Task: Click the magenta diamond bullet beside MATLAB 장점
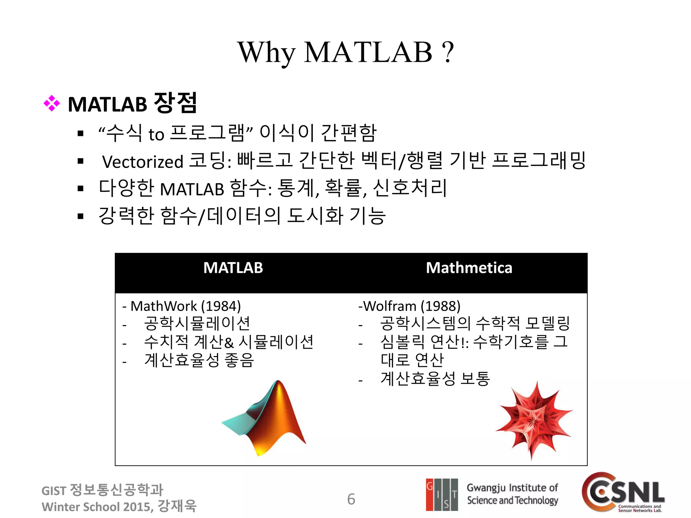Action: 52,104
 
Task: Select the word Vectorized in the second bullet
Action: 142,162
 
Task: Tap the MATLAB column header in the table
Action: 233,268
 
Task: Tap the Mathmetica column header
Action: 469,268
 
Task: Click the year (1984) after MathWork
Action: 221,306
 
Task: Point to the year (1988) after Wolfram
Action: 440,306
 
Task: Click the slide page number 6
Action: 351,499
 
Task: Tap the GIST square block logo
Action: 442,494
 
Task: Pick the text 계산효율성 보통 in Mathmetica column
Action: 435,378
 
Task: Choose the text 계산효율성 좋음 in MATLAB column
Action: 199,360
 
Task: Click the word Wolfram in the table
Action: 390,306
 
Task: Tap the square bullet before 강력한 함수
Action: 80,216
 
